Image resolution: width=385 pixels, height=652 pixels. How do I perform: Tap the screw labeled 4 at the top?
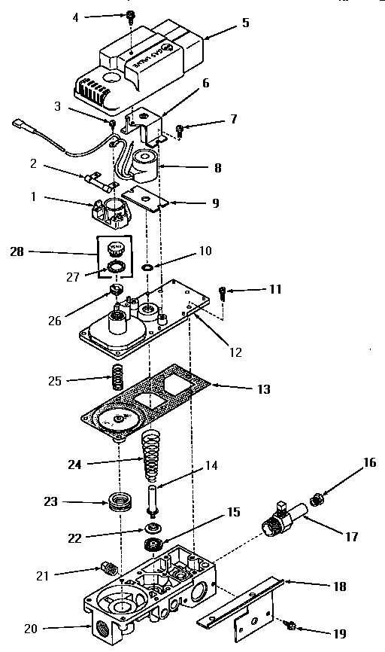click(131, 15)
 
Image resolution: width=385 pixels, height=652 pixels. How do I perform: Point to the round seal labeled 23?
click(118, 502)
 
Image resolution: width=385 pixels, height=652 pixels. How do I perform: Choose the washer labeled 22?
click(153, 526)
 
